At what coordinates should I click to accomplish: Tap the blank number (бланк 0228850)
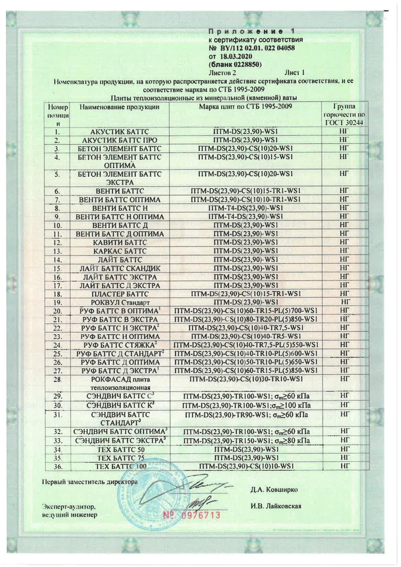pos(235,64)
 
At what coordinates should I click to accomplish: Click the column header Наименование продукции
pos(120,107)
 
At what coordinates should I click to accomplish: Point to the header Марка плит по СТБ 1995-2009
pos(245,107)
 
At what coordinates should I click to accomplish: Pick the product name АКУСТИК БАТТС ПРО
pos(120,140)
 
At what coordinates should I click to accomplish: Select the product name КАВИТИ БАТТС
pos(120,243)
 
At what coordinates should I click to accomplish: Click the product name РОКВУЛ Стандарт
pos(120,303)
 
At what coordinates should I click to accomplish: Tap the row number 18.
pos(57,294)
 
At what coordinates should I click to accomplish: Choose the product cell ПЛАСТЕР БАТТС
pos(120,294)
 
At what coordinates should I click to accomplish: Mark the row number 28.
pos(58,379)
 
